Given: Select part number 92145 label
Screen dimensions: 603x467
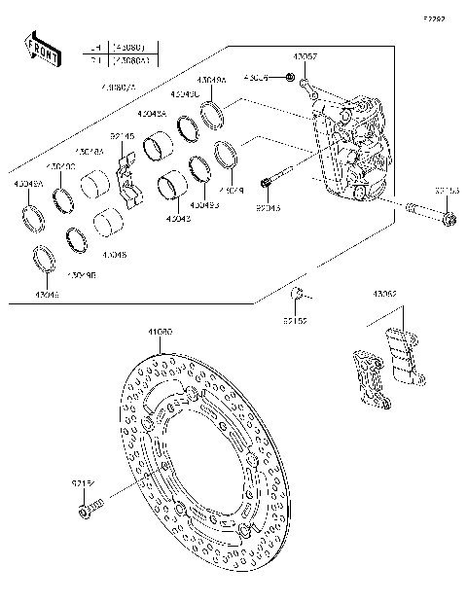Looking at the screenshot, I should (122, 137).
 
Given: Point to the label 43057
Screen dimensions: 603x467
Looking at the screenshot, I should (305, 58).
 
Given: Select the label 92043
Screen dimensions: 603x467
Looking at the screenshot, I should (269, 207).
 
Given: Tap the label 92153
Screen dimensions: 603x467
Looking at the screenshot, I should (448, 192).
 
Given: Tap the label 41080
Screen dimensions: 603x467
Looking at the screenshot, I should (161, 332).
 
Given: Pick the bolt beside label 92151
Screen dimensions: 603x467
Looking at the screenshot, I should (89, 506).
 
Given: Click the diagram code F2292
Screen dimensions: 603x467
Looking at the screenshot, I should (434, 18).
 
